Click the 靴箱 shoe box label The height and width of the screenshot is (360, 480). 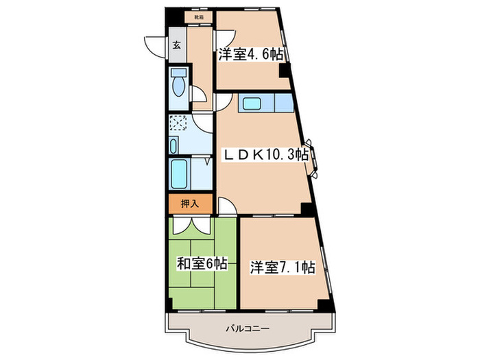(x=198, y=16)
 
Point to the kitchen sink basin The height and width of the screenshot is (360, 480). (x=249, y=105)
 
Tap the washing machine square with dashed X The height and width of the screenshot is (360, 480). (x=179, y=124)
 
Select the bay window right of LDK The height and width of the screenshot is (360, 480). (x=313, y=158)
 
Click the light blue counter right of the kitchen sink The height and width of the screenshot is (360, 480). (x=284, y=104)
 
